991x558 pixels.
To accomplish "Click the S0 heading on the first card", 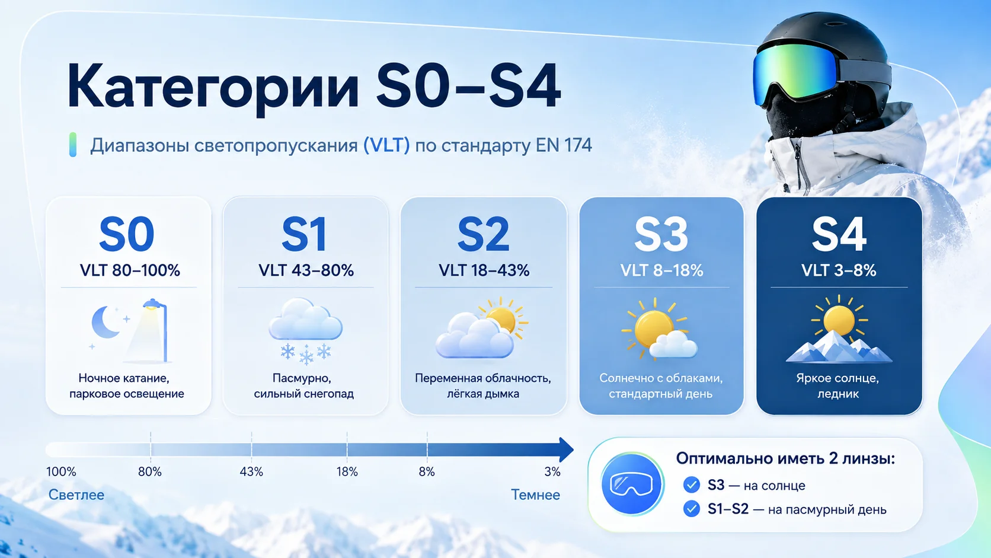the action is click(x=126, y=234).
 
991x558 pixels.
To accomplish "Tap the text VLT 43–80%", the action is click(x=306, y=270).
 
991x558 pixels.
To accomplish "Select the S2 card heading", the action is click(x=483, y=234).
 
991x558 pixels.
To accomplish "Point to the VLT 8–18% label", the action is click(x=661, y=270).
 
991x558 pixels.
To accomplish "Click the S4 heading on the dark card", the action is click(x=839, y=234).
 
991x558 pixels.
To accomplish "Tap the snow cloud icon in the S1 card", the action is click(x=306, y=330).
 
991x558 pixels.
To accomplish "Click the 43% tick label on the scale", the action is click(x=251, y=471).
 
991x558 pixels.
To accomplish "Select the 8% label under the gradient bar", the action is click(x=427, y=471).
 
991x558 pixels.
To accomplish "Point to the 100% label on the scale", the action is click(x=61, y=471).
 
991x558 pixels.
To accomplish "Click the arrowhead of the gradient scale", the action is click(x=566, y=449).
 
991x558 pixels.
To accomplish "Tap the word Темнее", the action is click(x=535, y=495).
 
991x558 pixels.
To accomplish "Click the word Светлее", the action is click(x=76, y=495).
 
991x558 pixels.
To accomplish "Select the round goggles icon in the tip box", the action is click(x=631, y=484).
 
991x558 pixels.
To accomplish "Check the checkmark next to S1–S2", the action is click(x=691, y=509).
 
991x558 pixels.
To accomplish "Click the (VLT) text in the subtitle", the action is click(x=386, y=145).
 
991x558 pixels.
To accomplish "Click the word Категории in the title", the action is click(x=213, y=87).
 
